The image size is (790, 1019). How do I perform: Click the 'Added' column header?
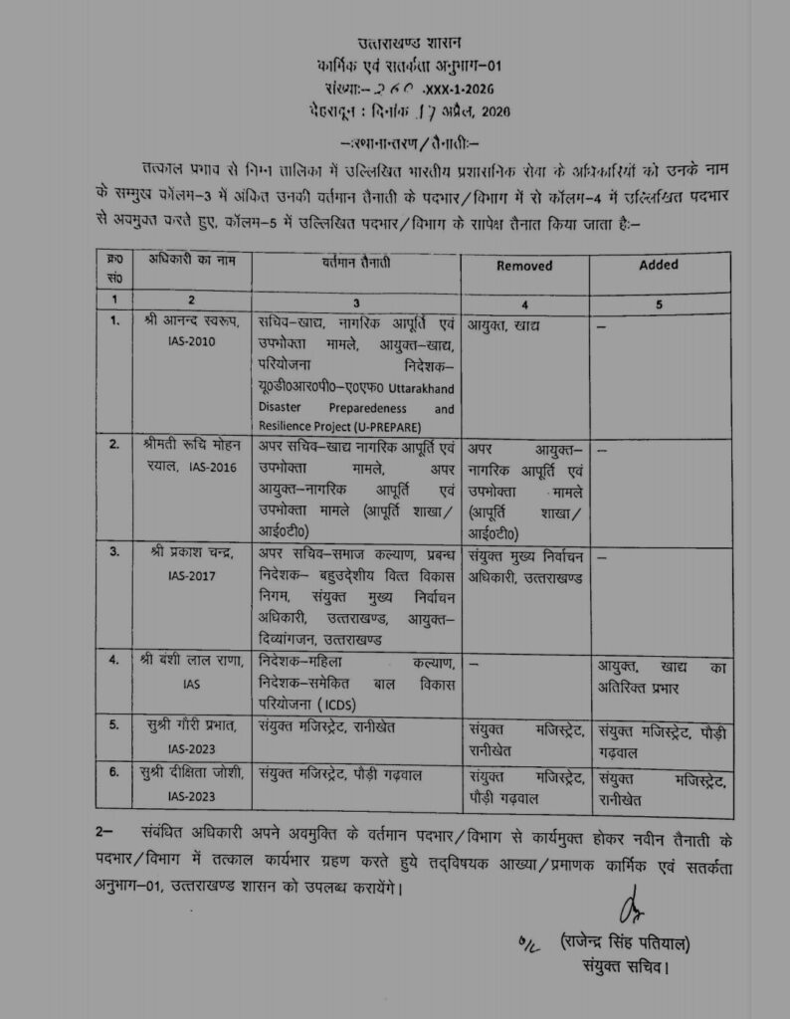pyautogui.click(x=659, y=265)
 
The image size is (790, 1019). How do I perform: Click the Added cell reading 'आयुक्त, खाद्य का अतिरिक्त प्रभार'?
pyautogui.click(x=662, y=673)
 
